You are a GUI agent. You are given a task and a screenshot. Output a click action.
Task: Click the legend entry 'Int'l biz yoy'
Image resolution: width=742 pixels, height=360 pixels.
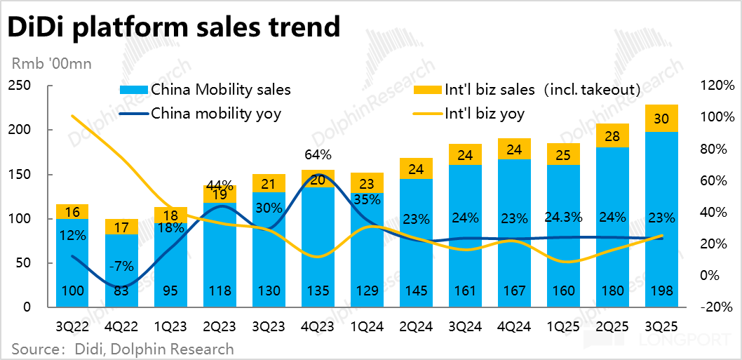(484, 113)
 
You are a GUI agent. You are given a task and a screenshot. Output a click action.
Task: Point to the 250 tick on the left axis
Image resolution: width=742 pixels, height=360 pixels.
(20, 86)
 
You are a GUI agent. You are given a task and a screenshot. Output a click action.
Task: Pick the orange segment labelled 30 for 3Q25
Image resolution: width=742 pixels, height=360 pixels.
(662, 119)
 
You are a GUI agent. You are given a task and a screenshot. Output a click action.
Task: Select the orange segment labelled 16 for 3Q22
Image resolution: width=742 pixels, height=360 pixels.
(72, 211)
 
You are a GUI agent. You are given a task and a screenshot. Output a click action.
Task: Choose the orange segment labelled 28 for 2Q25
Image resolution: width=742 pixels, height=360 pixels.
(613, 135)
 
